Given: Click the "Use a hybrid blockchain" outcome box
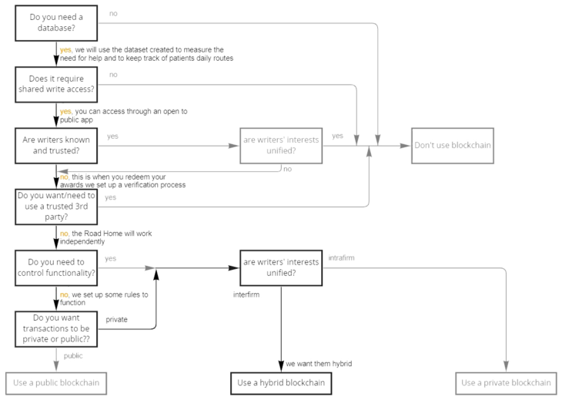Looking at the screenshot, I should click(281, 382).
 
